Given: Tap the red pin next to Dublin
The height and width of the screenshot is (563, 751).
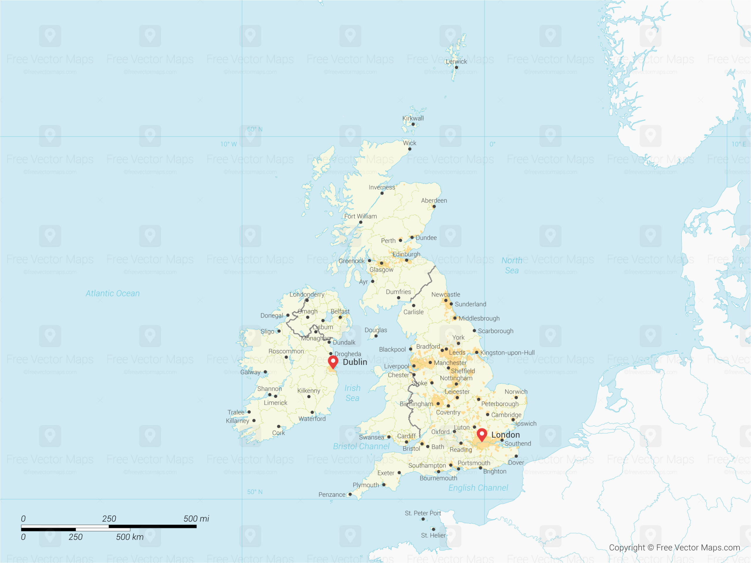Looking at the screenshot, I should (x=333, y=362).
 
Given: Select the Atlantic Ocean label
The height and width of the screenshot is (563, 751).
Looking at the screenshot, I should (x=112, y=294).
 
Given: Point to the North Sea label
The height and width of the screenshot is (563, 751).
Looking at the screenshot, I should (x=512, y=265).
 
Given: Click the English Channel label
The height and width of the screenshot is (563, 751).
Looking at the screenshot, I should (x=478, y=488).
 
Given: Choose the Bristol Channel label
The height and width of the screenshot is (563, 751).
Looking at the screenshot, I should (x=361, y=446).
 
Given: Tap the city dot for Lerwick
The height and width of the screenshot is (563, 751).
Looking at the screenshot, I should (x=456, y=67).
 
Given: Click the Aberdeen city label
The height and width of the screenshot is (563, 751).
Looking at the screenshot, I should (x=434, y=201).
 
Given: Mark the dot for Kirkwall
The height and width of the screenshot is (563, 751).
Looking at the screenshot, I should (x=413, y=124).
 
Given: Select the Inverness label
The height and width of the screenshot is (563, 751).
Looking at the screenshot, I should (x=382, y=187).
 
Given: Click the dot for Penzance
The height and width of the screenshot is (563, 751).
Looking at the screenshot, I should (x=350, y=494).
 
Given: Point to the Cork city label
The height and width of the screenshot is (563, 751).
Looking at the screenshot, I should (x=278, y=433).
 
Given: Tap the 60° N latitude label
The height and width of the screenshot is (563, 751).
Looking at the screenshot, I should (x=255, y=129).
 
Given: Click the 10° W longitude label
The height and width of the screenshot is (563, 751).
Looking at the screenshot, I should (x=229, y=144).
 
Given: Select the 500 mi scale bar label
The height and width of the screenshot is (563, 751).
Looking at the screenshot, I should (x=196, y=518).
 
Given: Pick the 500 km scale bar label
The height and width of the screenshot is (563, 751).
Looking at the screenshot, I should (x=130, y=537).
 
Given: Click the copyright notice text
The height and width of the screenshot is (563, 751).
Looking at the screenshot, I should (x=674, y=547).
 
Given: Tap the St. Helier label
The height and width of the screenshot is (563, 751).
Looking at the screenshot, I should (x=433, y=535).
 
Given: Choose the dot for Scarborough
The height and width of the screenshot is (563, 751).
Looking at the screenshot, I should (x=474, y=330).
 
